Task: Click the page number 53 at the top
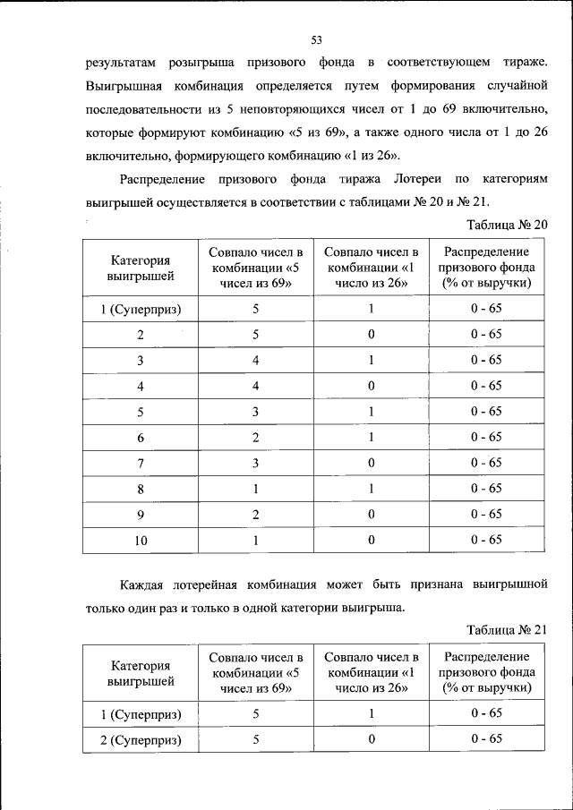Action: tap(316, 38)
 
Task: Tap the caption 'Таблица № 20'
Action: tap(507, 224)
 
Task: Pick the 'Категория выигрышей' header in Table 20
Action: tap(141, 268)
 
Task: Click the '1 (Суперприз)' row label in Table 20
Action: tap(141, 309)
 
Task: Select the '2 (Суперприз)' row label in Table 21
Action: tap(141, 739)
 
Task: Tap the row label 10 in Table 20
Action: tap(141, 540)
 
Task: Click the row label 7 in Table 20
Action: tap(141, 463)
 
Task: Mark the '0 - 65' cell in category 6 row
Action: tap(487, 437)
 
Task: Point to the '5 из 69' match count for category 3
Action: tap(256, 360)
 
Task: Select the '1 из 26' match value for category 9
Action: tap(371, 514)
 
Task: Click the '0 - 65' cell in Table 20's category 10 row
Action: tap(487, 540)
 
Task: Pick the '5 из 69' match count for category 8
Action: tap(256, 489)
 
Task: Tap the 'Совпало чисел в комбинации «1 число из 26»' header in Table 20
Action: tap(371, 268)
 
